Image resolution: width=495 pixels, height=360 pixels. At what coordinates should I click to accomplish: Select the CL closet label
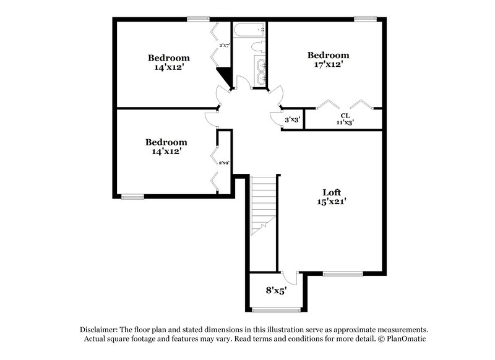click(345, 116)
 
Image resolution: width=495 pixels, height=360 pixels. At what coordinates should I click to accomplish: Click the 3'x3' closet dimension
click(292, 119)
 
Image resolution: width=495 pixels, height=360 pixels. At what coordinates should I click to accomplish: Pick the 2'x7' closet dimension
click(224, 45)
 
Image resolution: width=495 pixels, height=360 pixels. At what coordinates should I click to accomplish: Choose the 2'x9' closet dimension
click(224, 162)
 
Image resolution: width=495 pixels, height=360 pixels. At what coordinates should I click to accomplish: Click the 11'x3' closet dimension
click(345, 122)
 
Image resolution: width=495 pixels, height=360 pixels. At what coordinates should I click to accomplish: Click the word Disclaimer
click(101, 330)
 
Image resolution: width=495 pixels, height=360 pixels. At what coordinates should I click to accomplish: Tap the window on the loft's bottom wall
click(342, 273)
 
